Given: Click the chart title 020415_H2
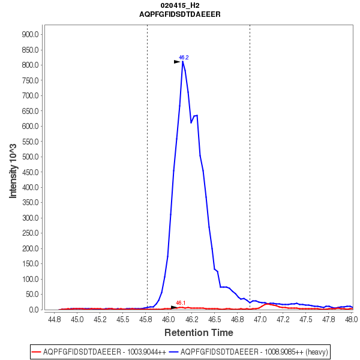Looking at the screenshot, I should point(180,5).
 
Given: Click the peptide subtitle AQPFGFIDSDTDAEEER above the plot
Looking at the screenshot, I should point(180,13).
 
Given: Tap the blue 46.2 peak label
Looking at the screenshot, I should point(184,58).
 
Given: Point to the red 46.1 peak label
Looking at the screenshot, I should point(181,303).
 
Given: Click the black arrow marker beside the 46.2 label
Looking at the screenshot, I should point(177,61).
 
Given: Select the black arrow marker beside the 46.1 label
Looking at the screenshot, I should point(174,307).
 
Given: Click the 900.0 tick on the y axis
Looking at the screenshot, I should point(30,34).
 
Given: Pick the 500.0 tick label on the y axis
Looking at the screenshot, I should point(30,157).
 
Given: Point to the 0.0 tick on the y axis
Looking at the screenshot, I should point(34,310).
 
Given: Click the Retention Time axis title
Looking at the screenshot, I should point(199,332).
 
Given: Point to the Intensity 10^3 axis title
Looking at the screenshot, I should point(13,171).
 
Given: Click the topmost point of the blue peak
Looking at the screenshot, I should point(182,61).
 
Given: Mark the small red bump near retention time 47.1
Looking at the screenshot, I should point(268,304).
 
